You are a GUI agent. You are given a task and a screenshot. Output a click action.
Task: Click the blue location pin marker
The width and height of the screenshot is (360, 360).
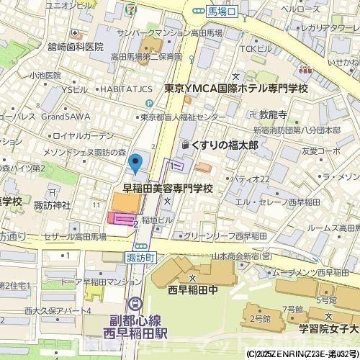pos(133,167)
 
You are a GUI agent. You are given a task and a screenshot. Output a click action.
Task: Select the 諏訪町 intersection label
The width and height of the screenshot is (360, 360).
pos(140,257)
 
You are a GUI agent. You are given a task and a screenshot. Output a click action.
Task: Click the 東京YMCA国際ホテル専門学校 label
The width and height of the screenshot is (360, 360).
pos(235,89)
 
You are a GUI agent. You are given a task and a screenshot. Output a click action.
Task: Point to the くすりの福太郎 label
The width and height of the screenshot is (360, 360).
pos(223,145)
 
